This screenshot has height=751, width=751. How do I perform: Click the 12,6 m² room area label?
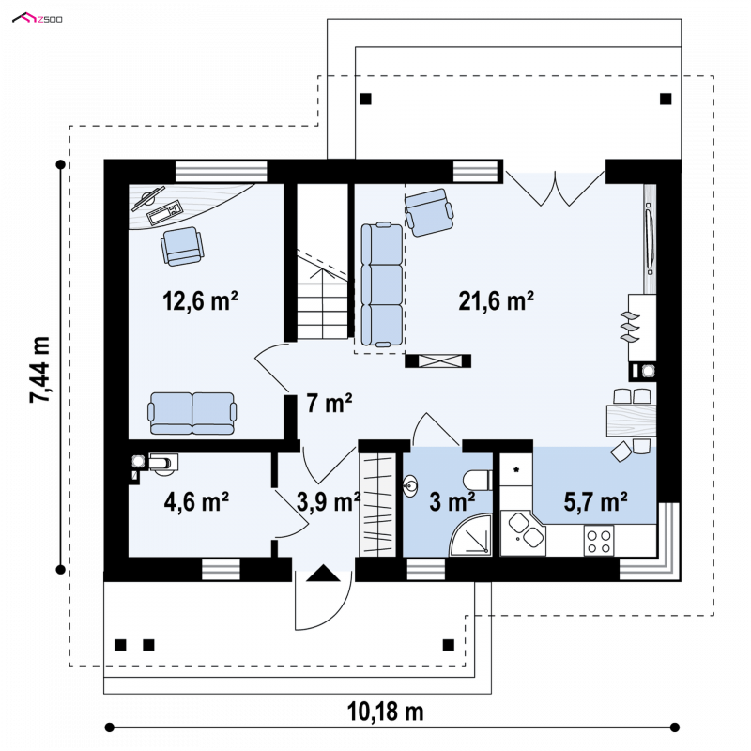[200, 300]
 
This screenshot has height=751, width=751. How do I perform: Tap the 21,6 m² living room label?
[497, 300]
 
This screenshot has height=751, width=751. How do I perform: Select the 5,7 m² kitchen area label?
[595, 501]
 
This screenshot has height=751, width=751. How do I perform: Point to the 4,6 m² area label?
[196, 501]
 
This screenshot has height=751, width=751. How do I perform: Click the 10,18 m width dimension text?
[385, 713]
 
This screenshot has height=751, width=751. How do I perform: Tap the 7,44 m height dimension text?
[40, 369]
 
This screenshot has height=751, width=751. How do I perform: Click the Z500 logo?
[38, 19]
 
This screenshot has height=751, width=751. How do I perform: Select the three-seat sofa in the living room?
[382, 284]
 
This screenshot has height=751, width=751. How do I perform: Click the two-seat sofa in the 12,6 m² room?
[192, 413]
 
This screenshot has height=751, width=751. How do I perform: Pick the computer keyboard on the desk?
[165, 213]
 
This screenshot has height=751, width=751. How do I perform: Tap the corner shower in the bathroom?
[471, 535]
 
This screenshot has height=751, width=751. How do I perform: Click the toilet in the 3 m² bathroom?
[477, 480]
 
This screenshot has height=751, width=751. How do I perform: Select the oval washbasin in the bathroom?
[410, 486]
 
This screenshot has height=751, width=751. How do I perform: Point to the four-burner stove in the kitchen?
[599, 541]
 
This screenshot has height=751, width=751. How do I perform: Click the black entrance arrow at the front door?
[323, 574]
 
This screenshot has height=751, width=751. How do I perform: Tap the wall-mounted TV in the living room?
[649, 238]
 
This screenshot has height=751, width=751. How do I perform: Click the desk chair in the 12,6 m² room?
[182, 246]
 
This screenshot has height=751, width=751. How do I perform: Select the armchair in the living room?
[429, 212]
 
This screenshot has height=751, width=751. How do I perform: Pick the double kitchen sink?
[526, 529]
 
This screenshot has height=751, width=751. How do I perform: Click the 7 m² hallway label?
[330, 403]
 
